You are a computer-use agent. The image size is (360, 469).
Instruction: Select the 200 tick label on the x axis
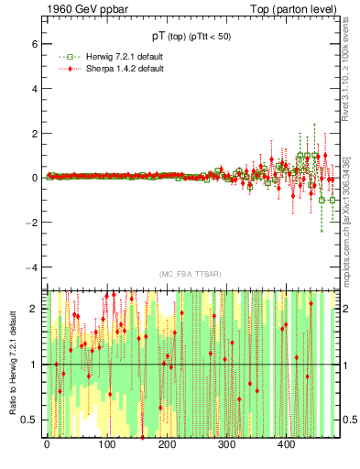(x=167, y=446)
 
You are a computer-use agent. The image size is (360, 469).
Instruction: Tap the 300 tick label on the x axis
(x=227, y=446)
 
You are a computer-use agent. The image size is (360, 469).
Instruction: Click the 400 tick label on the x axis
(x=287, y=446)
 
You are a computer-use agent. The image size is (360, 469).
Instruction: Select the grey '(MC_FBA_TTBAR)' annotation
(x=188, y=274)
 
